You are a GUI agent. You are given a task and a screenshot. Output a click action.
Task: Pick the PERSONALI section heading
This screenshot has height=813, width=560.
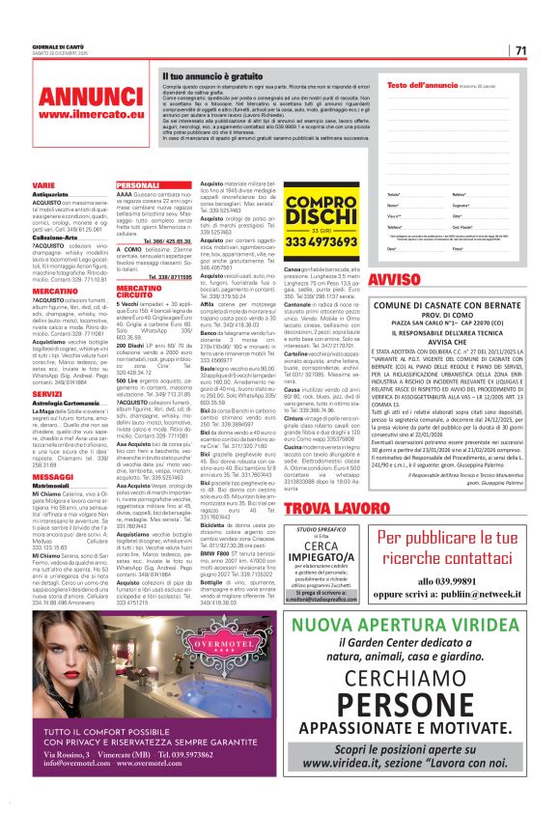pyautogui.click(x=137, y=184)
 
